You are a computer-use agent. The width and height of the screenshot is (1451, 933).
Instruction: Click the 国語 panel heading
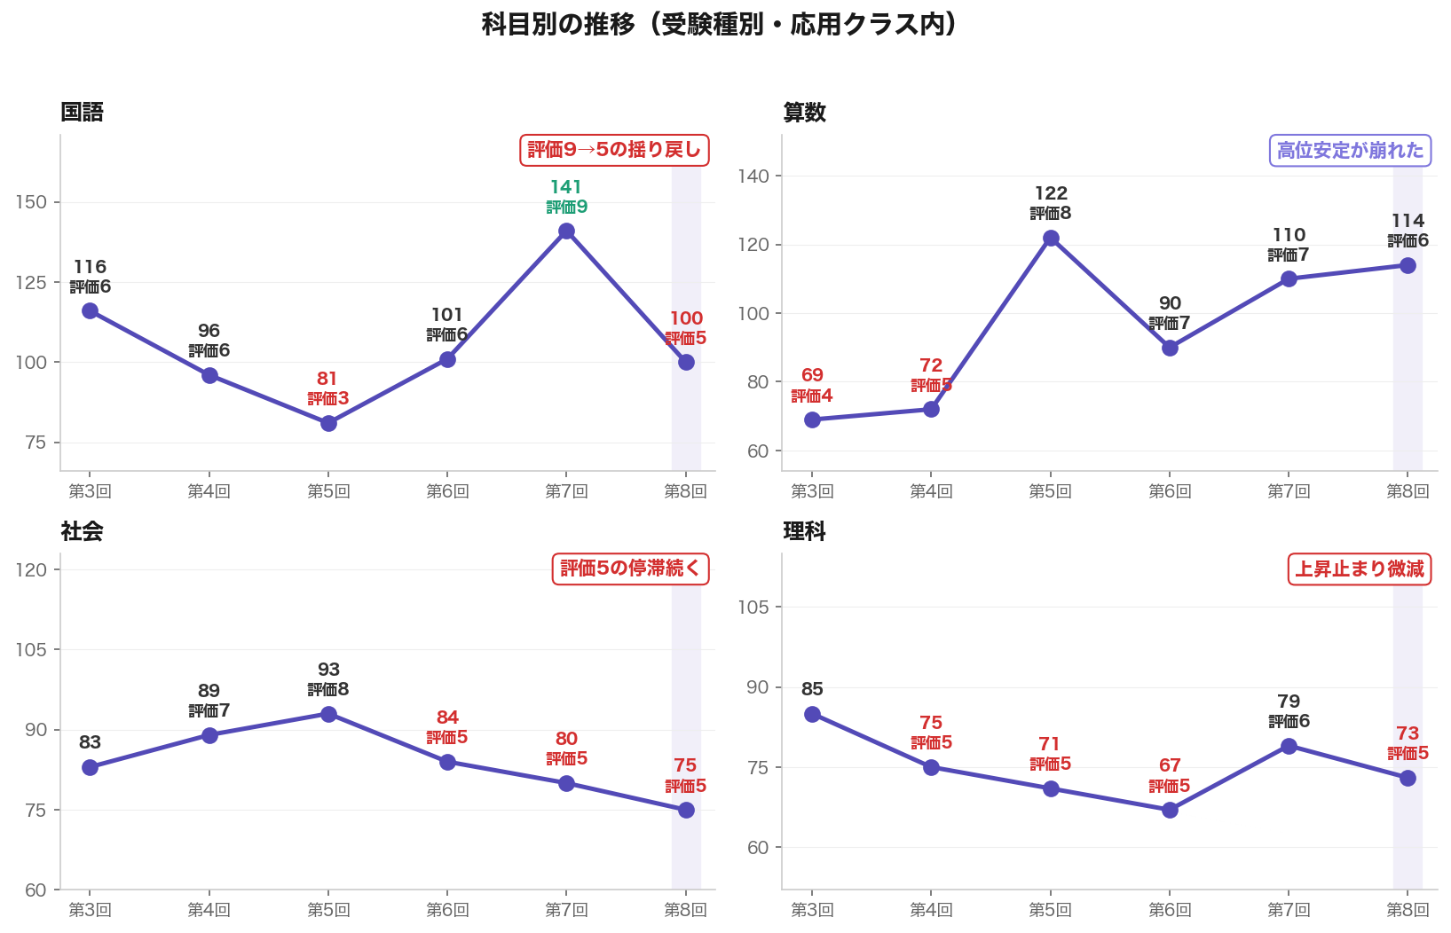[x=82, y=113]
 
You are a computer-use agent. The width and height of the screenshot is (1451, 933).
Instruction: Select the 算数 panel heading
[x=804, y=113]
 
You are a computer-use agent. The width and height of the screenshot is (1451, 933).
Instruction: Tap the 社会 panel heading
[x=82, y=531]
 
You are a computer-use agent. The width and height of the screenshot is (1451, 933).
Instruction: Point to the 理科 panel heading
[x=804, y=531]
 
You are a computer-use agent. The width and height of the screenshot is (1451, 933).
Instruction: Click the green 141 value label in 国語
[x=565, y=187]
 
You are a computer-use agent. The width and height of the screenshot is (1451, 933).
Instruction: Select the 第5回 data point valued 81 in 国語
[x=328, y=423]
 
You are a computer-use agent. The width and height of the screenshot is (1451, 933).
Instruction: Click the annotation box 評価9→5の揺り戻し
[x=614, y=150]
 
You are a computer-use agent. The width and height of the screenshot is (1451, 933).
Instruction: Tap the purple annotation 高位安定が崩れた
[x=1350, y=151]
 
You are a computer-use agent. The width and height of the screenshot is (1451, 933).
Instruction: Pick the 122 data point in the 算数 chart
[x=1051, y=238]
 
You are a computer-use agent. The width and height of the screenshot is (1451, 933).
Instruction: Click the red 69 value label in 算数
[x=812, y=375]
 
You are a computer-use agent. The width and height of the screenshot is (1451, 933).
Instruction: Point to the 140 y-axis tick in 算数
[x=753, y=176]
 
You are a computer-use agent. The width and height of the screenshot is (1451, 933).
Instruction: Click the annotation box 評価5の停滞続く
[x=630, y=568]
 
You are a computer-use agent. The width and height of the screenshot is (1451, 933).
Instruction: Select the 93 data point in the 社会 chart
[x=328, y=714]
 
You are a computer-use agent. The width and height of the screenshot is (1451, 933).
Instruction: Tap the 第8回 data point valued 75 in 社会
[x=686, y=810]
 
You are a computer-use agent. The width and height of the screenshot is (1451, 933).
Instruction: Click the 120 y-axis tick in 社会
[x=32, y=569]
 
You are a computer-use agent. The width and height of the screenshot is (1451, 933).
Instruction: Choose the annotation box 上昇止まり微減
[x=1359, y=569]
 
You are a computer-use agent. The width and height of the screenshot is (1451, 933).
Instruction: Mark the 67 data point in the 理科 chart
[x=1170, y=810]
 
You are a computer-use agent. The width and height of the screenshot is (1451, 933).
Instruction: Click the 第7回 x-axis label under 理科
[x=1289, y=910]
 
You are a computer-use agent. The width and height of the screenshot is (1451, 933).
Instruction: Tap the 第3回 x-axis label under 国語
[x=90, y=491]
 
